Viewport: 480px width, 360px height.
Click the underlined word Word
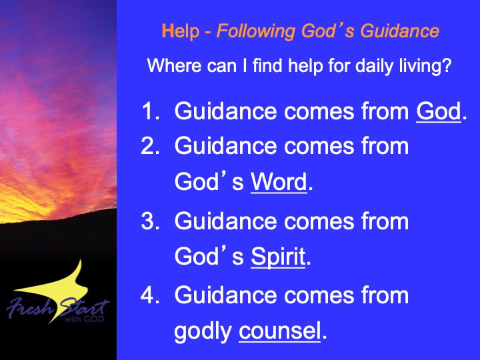[x=279, y=182]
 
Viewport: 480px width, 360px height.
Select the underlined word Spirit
[x=278, y=257]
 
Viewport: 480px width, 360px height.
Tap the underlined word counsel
[x=280, y=331]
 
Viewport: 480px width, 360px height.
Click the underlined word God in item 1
[x=439, y=111]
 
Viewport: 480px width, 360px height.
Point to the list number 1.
[x=151, y=111]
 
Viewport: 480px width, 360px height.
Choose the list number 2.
[x=150, y=146]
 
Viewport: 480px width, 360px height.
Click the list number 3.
[x=150, y=221]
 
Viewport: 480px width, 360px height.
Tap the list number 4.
[x=150, y=295]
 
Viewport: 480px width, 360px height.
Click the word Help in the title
[x=180, y=31]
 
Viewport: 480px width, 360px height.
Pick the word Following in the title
[x=256, y=31]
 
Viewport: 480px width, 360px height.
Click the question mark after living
[x=447, y=65]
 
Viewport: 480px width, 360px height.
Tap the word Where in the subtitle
[x=174, y=65]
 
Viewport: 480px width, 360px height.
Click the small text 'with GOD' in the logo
[x=85, y=319]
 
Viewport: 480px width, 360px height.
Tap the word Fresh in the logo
[x=31, y=307]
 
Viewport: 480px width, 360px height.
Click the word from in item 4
[x=385, y=295]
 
